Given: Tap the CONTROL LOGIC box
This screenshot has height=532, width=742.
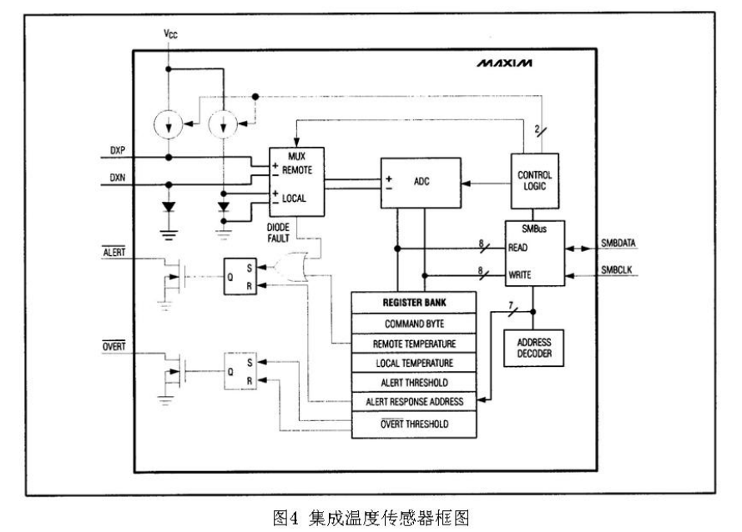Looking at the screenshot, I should pyautogui.click(x=536, y=183).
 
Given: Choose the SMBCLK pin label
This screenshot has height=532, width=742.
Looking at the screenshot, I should pyautogui.click(x=619, y=271).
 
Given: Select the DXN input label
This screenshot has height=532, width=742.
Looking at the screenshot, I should pyautogui.click(x=116, y=178).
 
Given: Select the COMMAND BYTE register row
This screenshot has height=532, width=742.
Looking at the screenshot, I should pyautogui.click(x=414, y=322).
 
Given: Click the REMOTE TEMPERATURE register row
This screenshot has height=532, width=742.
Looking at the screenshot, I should pyautogui.click(x=414, y=343).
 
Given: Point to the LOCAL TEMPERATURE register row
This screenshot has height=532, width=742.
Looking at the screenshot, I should pyautogui.click(x=414, y=363).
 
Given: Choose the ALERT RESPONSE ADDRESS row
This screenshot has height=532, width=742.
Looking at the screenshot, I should pyautogui.click(x=414, y=403).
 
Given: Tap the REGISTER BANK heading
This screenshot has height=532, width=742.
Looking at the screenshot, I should pyautogui.click(x=414, y=301).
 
